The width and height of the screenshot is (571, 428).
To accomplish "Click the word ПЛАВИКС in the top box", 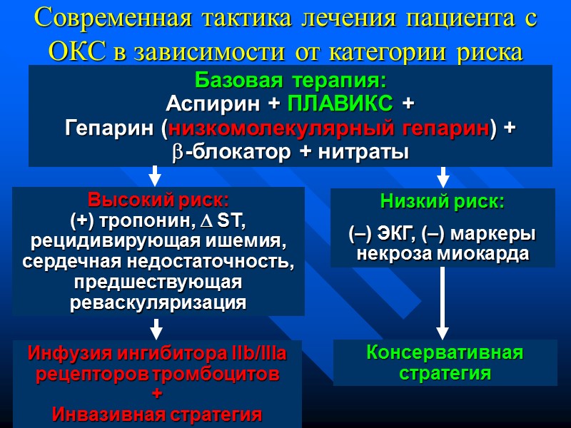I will click(339, 103).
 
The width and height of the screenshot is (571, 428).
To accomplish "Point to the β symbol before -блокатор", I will click(176, 152).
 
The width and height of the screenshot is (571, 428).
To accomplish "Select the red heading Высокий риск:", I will click(158, 198).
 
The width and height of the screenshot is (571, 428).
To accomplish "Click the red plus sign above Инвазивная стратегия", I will click(158, 394).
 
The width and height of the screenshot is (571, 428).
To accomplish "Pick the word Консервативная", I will click(444, 352).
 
